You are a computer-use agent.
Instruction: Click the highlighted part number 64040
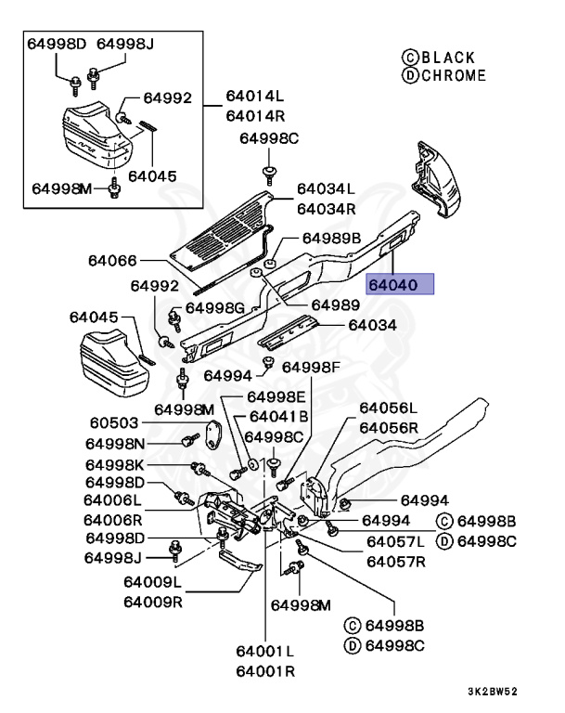(x=399, y=284)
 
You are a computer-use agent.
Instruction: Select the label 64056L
(x=388, y=408)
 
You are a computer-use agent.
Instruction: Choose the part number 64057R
(x=395, y=561)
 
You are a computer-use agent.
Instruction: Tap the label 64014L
(x=253, y=97)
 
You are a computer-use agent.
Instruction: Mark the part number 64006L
(x=113, y=501)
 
